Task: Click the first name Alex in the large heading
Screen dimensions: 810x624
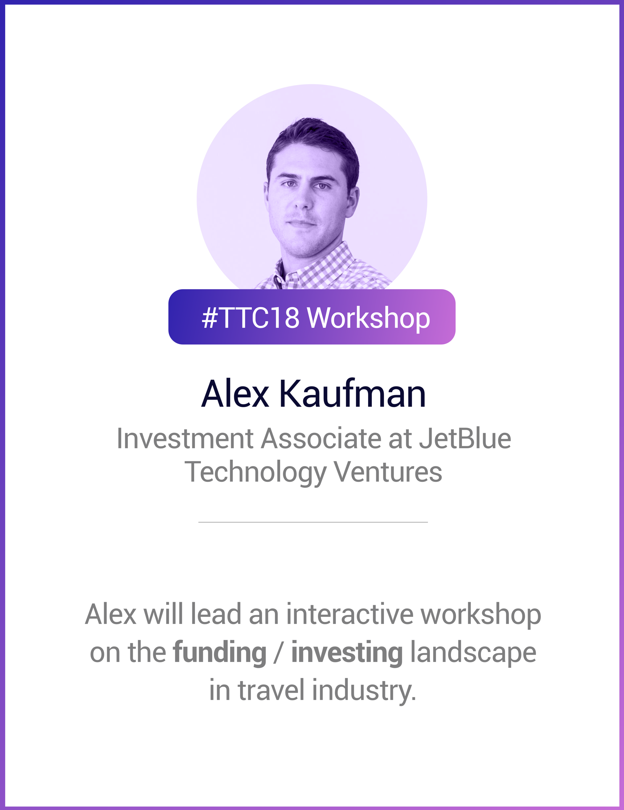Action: coord(235,394)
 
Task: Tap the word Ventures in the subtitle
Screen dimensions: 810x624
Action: coord(388,472)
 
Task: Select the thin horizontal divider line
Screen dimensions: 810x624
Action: coord(313,522)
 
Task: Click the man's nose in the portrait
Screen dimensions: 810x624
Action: coord(303,202)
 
